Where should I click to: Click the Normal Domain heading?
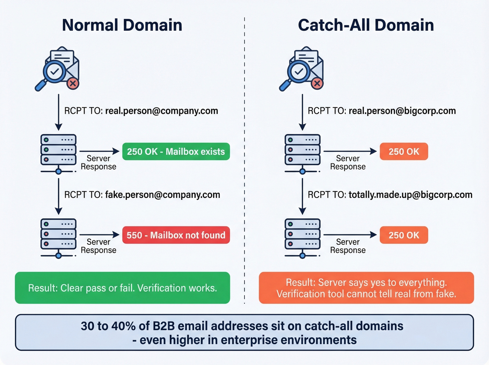click(x=122, y=25)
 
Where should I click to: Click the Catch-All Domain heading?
click(x=366, y=25)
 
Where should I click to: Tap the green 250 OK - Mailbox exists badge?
click(x=176, y=152)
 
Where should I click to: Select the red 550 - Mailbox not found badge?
click(x=176, y=235)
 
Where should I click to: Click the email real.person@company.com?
click(x=161, y=111)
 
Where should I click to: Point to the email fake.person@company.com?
click(x=162, y=195)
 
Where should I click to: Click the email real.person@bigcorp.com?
click(x=402, y=111)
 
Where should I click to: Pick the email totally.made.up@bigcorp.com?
click(x=410, y=195)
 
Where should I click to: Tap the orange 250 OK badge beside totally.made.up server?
click(x=403, y=235)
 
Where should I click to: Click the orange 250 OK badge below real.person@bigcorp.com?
click(x=403, y=152)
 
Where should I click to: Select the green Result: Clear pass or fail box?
click(x=122, y=288)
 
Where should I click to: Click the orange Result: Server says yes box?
click(x=366, y=288)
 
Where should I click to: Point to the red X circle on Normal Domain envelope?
click(x=73, y=83)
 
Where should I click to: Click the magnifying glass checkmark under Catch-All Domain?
click(x=299, y=72)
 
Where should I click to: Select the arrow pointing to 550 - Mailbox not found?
click(x=100, y=235)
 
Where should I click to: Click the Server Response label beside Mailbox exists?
click(x=98, y=162)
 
